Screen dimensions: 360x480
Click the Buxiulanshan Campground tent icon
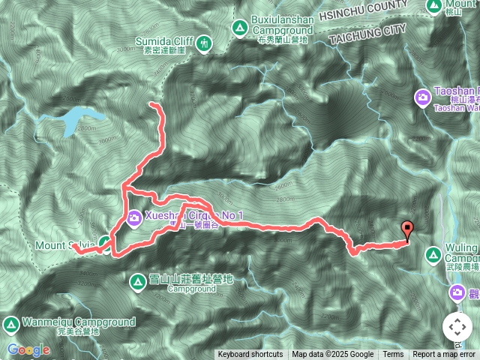pyautogui.click(x=240, y=28)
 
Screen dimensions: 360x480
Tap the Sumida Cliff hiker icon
pyautogui.click(x=205, y=45)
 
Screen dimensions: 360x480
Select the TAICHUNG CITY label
pyautogui.click(x=361, y=33)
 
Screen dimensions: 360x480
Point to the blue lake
pyautogui.click(x=80, y=119)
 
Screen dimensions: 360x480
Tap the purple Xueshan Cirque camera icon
pyautogui.click(x=134, y=218)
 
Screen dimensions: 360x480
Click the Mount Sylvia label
pyautogui.click(x=64, y=245)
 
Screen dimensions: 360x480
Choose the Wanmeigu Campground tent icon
pyautogui.click(x=10, y=324)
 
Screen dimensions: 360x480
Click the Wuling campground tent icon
pyautogui.click(x=433, y=256)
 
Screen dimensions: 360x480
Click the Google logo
pyautogui.click(x=28, y=349)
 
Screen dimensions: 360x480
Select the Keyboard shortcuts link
pyautogui.click(x=250, y=355)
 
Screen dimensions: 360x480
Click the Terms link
pyautogui.click(x=393, y=355)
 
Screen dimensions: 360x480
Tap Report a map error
pyautogui.click(x=445, y=355)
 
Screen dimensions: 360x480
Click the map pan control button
pyautogui.click(x=457, y=326)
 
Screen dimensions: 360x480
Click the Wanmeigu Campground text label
pyautogui.click(x=78, y=322)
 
